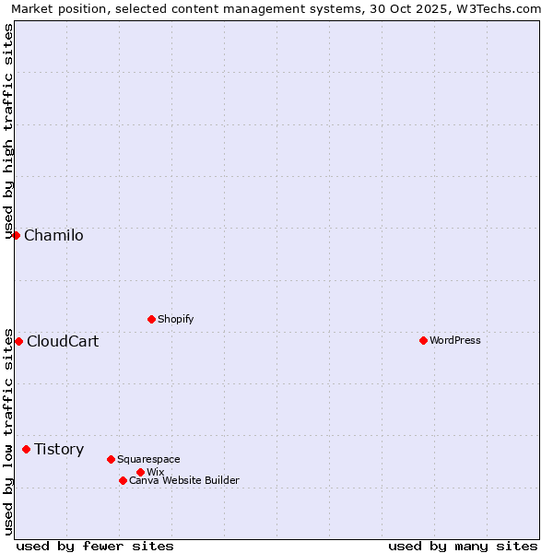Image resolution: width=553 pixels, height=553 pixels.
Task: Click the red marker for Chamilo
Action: click(x=16, y=235)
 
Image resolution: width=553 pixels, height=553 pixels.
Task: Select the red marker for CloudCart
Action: click(x=18, y=341)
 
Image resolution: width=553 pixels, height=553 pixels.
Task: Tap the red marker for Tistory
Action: click(x=26, y=449)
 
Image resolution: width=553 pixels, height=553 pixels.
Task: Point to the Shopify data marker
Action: click(x=151, y=319)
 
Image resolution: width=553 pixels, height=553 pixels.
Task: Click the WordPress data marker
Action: click(x=423, y=340)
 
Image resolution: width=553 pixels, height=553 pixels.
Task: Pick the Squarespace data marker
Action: click(x=111, y=459)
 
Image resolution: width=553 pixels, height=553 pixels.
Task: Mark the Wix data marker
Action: click(x=140, y=472)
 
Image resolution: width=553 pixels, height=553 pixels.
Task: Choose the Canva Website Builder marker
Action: click(x=123, y=480)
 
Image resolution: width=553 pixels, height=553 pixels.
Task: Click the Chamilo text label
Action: click(x=53, y=235)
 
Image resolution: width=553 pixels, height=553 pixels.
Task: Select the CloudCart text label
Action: click(x=63, y=341)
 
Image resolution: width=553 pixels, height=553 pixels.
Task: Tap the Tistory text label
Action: click(x=59, y=449)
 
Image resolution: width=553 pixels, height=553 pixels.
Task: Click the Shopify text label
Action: click(x=176, y=319)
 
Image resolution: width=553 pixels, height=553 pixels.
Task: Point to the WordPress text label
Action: click(x=455, y=340)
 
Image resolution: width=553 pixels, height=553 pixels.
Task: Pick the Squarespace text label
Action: click(x=148, y=459)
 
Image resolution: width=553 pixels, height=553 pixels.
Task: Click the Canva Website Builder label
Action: click(x=184, y=480)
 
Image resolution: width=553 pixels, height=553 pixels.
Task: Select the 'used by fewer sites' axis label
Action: click(x=95, y=546)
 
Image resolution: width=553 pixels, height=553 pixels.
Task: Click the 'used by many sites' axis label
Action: click(x=463, y=546)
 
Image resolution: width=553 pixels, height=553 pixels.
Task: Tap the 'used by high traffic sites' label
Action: click(x=8, y=131)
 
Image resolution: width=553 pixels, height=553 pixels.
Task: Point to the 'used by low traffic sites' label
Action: click(x=8, y=430)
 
